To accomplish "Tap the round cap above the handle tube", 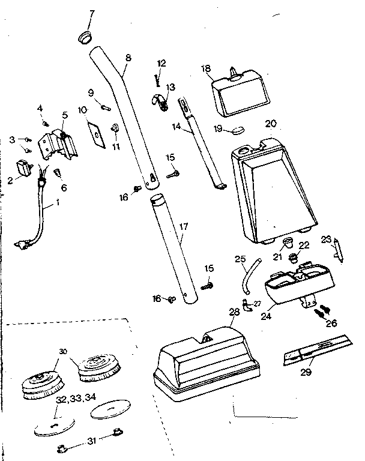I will pos(86,37).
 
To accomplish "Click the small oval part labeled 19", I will pos(238,128).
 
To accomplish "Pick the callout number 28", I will pos(234,312).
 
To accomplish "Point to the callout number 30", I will pos(63,351).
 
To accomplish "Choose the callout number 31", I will pos(91,441).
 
